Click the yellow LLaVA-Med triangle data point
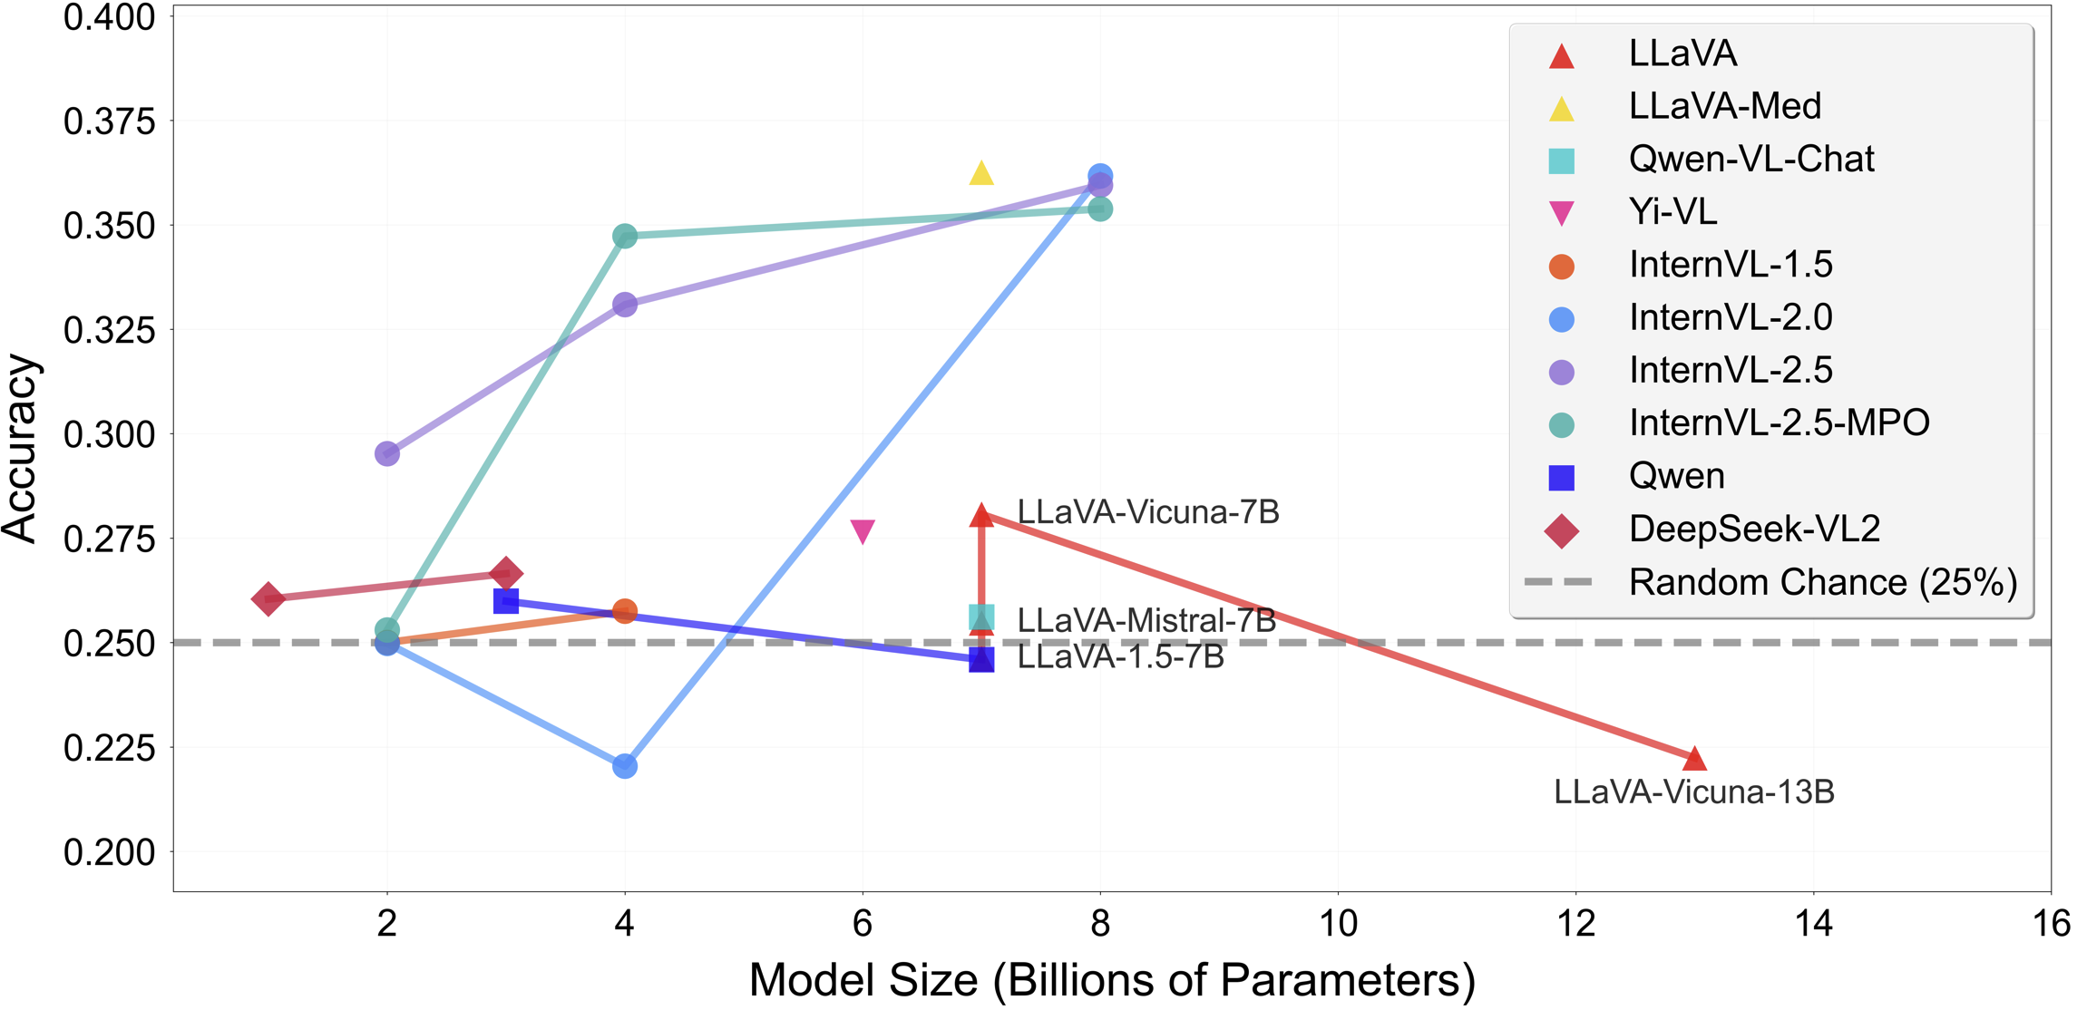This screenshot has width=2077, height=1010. tap(981, 173)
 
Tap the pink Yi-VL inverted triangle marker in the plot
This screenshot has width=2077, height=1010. tap(863, 531)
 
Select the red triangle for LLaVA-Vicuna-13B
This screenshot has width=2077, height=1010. tap(1694, 758)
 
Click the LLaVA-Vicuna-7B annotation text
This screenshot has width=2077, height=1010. tap(1147, 512)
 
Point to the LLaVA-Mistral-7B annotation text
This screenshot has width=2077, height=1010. tap(1146, 620)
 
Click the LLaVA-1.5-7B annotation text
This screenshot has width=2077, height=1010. tap(1120, 657)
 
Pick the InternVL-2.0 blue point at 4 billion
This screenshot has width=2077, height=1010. tap(624, 766)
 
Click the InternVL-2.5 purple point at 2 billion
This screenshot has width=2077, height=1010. tap(387, 453)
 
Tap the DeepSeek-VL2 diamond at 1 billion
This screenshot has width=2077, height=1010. tap(268, 599)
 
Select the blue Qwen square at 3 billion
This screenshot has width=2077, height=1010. tap(506, 600)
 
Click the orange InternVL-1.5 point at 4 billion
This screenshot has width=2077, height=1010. tap(624, 611)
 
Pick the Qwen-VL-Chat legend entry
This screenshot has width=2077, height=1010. tap(1750, 160)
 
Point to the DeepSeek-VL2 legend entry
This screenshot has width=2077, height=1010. tap(1754, 529)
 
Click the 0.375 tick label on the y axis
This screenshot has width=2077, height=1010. tap(110, 121)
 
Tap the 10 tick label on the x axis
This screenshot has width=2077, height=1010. tap(1338, 924)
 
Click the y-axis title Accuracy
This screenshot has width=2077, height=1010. tap(20, 448)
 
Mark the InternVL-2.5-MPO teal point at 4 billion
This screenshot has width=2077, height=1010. tap(624, 237)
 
